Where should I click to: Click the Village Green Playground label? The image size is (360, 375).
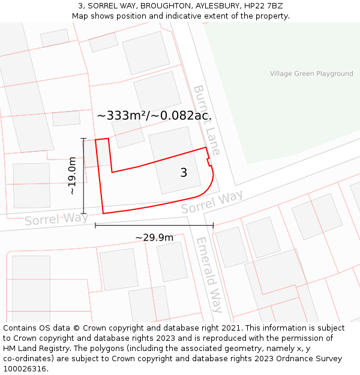click(311, 74)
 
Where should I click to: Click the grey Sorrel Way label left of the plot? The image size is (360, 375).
click(56, 218)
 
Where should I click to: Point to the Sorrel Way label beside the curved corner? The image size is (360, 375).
click(212, 202)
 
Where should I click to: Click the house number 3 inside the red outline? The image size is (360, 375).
click(184, 173)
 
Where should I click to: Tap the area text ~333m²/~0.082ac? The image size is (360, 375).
click(154, 115)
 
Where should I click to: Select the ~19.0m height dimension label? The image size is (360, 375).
click(72, 176)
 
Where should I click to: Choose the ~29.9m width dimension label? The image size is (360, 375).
click(154, 238)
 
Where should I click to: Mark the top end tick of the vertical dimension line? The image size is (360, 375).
click(83, 139)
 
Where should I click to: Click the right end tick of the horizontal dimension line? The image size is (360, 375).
click(213, 226)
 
